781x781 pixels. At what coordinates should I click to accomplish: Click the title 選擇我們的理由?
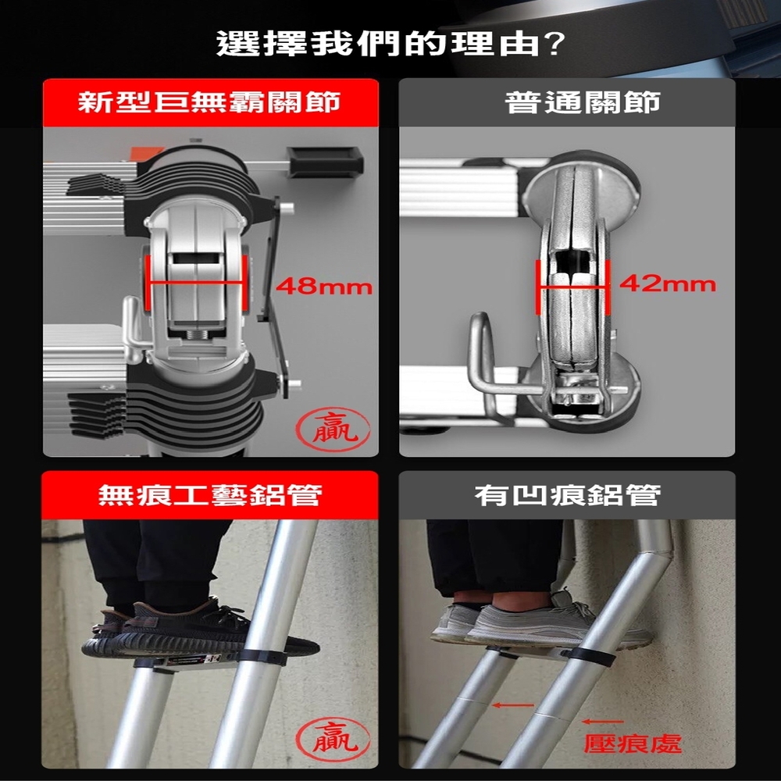tap(390, 44)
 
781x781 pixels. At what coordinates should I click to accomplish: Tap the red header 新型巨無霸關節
tap(209, 102)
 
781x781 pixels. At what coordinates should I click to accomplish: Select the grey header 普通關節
tap(583, 102)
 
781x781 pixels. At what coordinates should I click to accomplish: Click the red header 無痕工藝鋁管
tap(209, 495)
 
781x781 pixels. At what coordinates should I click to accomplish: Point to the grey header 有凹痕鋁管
tap(567, 495)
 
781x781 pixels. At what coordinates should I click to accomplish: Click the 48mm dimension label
tap(324, 287)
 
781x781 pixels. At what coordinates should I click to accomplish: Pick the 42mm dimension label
tap(668, 284)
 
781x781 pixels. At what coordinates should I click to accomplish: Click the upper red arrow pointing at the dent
tap(512, 704)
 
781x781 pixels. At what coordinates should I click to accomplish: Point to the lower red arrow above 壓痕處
tap(603, 721)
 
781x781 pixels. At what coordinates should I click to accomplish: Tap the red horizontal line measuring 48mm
tap(196, 283)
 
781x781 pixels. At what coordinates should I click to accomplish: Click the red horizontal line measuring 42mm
tap(572, 287)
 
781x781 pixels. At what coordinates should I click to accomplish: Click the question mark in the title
tap(555, 44)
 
